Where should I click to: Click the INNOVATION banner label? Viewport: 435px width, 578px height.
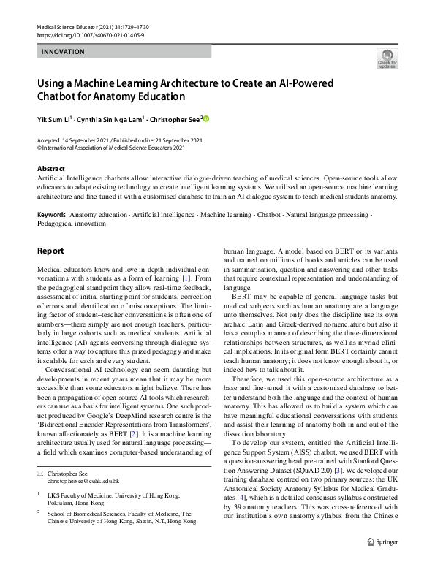63,52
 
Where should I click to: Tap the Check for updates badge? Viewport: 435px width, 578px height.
386,58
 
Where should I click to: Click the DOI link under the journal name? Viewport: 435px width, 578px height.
90,35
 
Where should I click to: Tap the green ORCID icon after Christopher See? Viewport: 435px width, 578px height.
206,118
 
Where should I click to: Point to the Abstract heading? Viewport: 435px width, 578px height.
50,168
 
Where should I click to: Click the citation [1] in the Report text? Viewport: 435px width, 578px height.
186,278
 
